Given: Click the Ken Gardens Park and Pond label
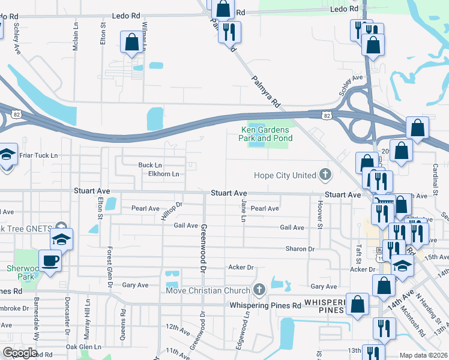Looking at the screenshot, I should tap(266, 134).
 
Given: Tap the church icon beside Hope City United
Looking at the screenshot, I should tap(325, 175).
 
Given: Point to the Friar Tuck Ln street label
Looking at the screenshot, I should tap(38, 155).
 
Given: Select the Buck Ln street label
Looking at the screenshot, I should tap(150, 165).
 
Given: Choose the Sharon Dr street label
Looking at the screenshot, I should tap(300, 248).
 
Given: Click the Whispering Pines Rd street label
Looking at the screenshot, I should tap(266, 305).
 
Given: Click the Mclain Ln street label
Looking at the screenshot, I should tap(76, 37).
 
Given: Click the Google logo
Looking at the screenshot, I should tap(20, 353).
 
